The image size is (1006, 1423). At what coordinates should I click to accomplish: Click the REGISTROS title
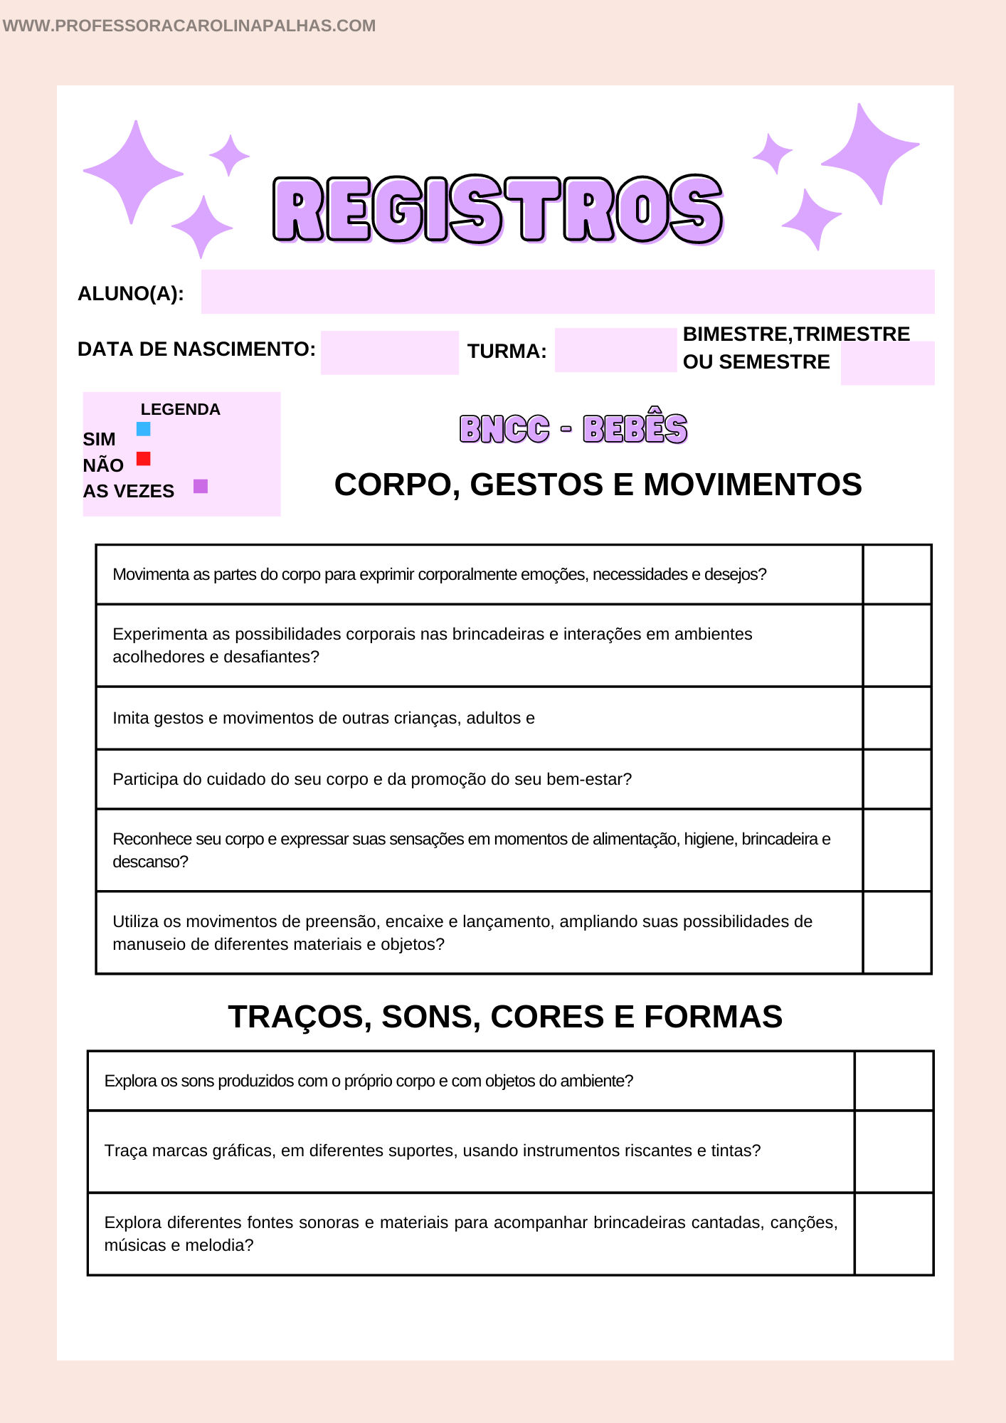tap(498, 209)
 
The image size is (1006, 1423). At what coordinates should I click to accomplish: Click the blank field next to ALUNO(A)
tap(567, 292)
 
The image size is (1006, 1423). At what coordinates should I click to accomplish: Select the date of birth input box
tap(389, 352)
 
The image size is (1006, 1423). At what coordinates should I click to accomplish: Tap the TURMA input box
tap(615, 350)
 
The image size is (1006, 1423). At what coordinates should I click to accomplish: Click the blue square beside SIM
tap(144, 429)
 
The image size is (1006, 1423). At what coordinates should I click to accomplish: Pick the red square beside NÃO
tap(144, 458)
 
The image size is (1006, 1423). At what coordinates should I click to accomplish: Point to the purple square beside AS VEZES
tap(201, 487)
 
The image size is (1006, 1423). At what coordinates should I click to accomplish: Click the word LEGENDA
tap(180, 409)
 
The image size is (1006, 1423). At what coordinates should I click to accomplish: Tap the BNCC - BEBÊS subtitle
tap(573, 429)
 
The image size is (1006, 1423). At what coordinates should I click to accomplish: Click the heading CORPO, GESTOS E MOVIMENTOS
tap(598, 485)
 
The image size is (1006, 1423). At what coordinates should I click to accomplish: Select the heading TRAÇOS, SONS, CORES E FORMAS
tap(505, 1017)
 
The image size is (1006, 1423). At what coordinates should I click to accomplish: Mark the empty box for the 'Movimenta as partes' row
tap(897, 574)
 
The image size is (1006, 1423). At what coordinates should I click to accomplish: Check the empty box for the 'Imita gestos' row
tap(897, 718)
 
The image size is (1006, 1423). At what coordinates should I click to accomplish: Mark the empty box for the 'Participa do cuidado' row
tap(897, 779)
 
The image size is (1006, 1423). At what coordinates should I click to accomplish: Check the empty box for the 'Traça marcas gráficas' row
tap(894, 1151)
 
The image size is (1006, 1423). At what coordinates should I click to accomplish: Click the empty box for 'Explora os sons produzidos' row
tap(894, 1081)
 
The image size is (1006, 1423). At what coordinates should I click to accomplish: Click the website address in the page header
tap(189, 26)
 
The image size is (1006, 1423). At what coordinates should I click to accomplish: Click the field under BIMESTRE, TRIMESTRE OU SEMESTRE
tap(887, 364)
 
